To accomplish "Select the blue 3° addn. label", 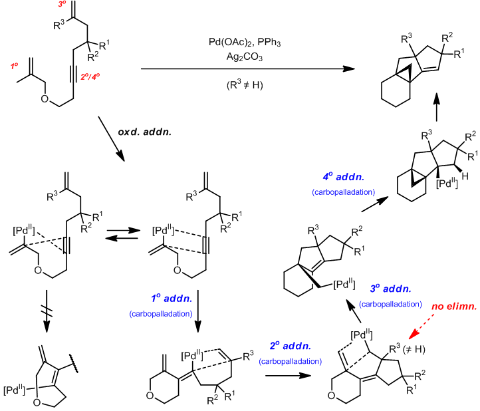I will pyautogui.click(x=392, y=290).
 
